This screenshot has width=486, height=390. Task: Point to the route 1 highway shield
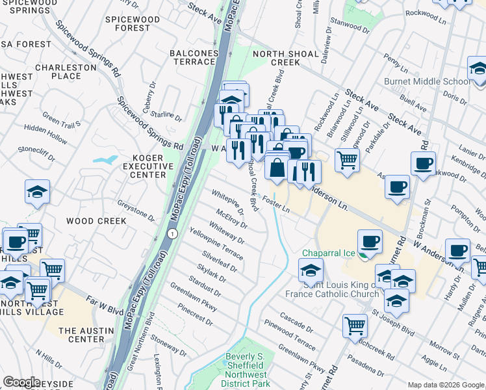(172, 233)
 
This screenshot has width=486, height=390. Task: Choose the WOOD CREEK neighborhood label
(96, 221)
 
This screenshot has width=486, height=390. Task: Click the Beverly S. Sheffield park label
(246, 365)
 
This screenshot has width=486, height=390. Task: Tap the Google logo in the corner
(21, 382)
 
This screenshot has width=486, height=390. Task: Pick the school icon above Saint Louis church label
(311, 268)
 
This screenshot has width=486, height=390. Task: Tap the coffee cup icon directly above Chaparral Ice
(370, 241)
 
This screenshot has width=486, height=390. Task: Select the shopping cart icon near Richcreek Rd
(355, 324)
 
